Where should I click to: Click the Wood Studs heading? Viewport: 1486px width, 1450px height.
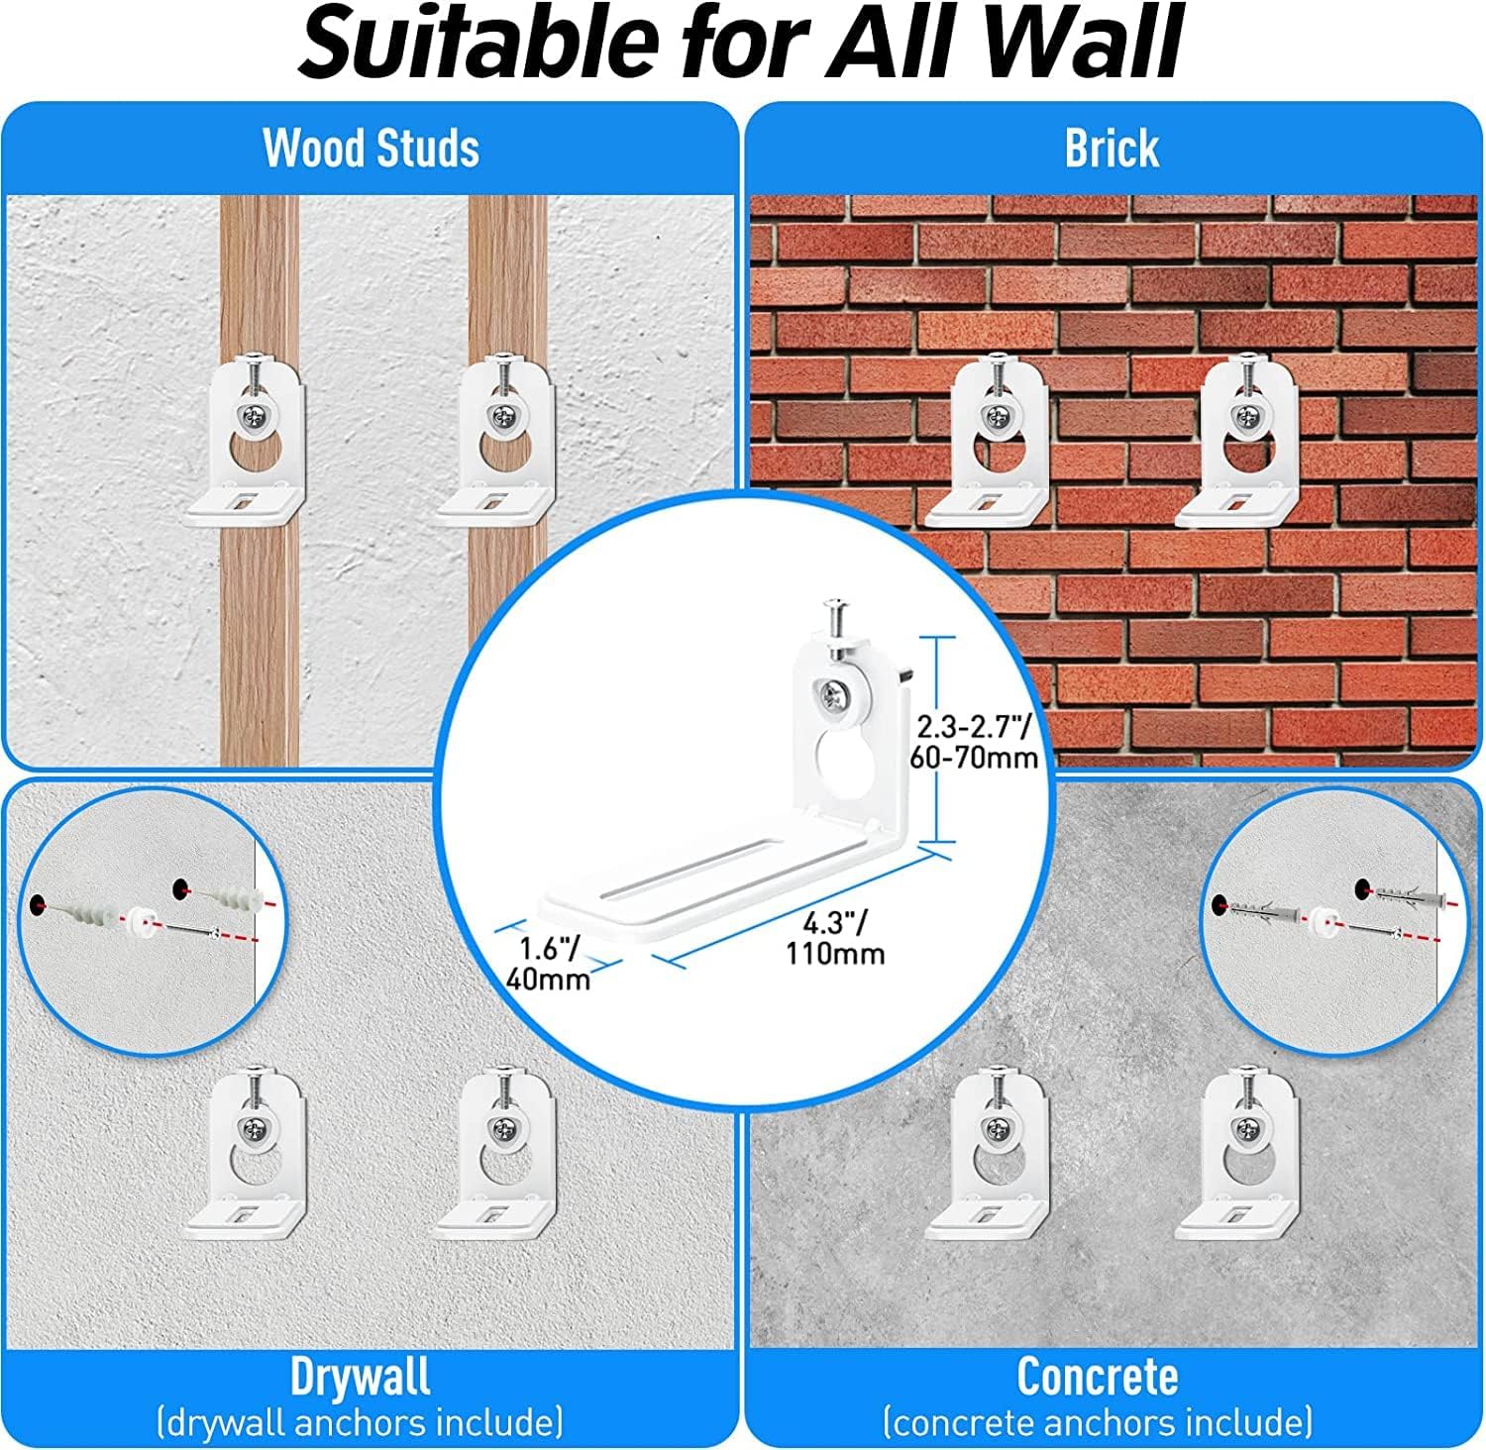[x=371, y=149]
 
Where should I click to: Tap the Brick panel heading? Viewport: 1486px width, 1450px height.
[x=1112, y=149]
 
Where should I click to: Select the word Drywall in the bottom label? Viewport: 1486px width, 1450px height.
[x=361, y=1376]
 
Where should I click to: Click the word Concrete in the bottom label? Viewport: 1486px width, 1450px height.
[x=1098, y=1376]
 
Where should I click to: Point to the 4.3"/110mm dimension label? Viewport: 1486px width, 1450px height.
[x=835, y=938]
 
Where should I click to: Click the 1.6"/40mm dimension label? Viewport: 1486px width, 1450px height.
[x=549, y=964]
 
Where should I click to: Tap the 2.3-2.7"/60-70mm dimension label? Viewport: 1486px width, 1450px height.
[x=975, y=742]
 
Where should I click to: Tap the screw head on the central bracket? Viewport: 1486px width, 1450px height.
[x=834, y=698]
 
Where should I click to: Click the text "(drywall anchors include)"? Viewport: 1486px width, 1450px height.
[x=361, y=1422]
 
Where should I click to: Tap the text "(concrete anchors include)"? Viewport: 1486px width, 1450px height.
[x=1098, y=1422]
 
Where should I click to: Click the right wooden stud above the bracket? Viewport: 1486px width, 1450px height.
[x=508, y=272]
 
